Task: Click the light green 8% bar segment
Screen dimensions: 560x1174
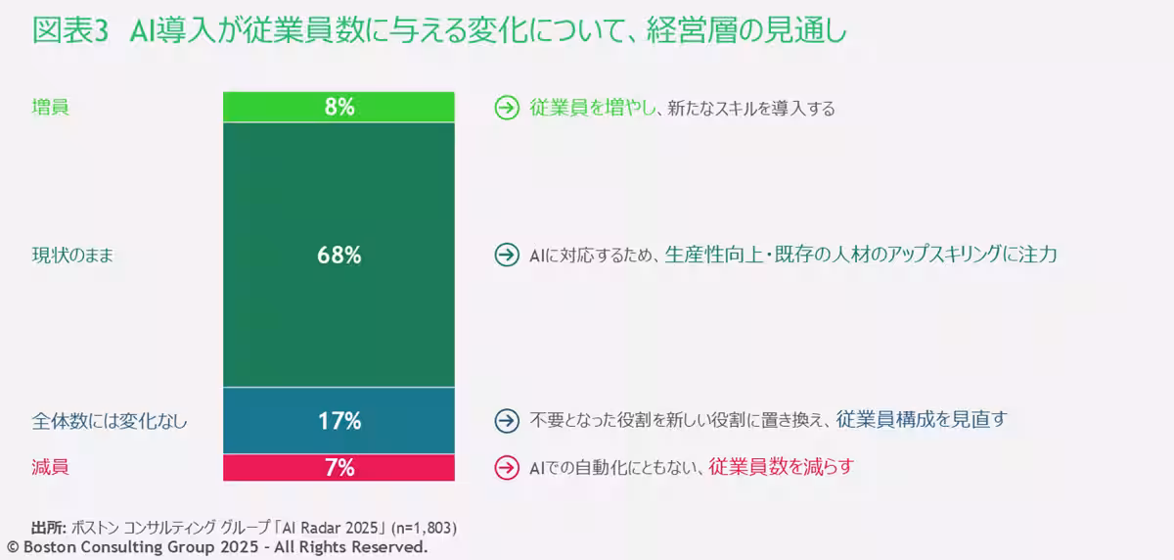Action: click(x=339, y=108)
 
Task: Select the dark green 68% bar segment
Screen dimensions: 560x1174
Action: click(x=339, y=256)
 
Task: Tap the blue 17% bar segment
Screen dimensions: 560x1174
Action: click(x=339, y=421)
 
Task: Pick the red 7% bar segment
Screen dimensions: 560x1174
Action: click(x=339, y=468)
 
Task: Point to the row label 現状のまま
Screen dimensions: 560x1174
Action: click(x=72, y=256)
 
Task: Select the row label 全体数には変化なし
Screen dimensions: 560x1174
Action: click(x=109, y=422)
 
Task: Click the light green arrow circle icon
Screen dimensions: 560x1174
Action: click(x=506, y=109)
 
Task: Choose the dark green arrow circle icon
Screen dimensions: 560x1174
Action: click(x=506, y=256)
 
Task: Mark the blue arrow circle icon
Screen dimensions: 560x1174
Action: click(x=506, y=421)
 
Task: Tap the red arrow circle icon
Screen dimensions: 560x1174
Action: click(x=506, y=468)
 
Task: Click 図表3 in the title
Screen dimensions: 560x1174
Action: click(x=68, y=31)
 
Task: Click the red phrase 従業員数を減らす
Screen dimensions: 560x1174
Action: click(x=781, y=467)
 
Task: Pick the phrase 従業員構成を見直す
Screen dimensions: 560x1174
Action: click(x=921, y=420)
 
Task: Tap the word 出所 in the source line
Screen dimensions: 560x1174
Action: click(x=48, y=527)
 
